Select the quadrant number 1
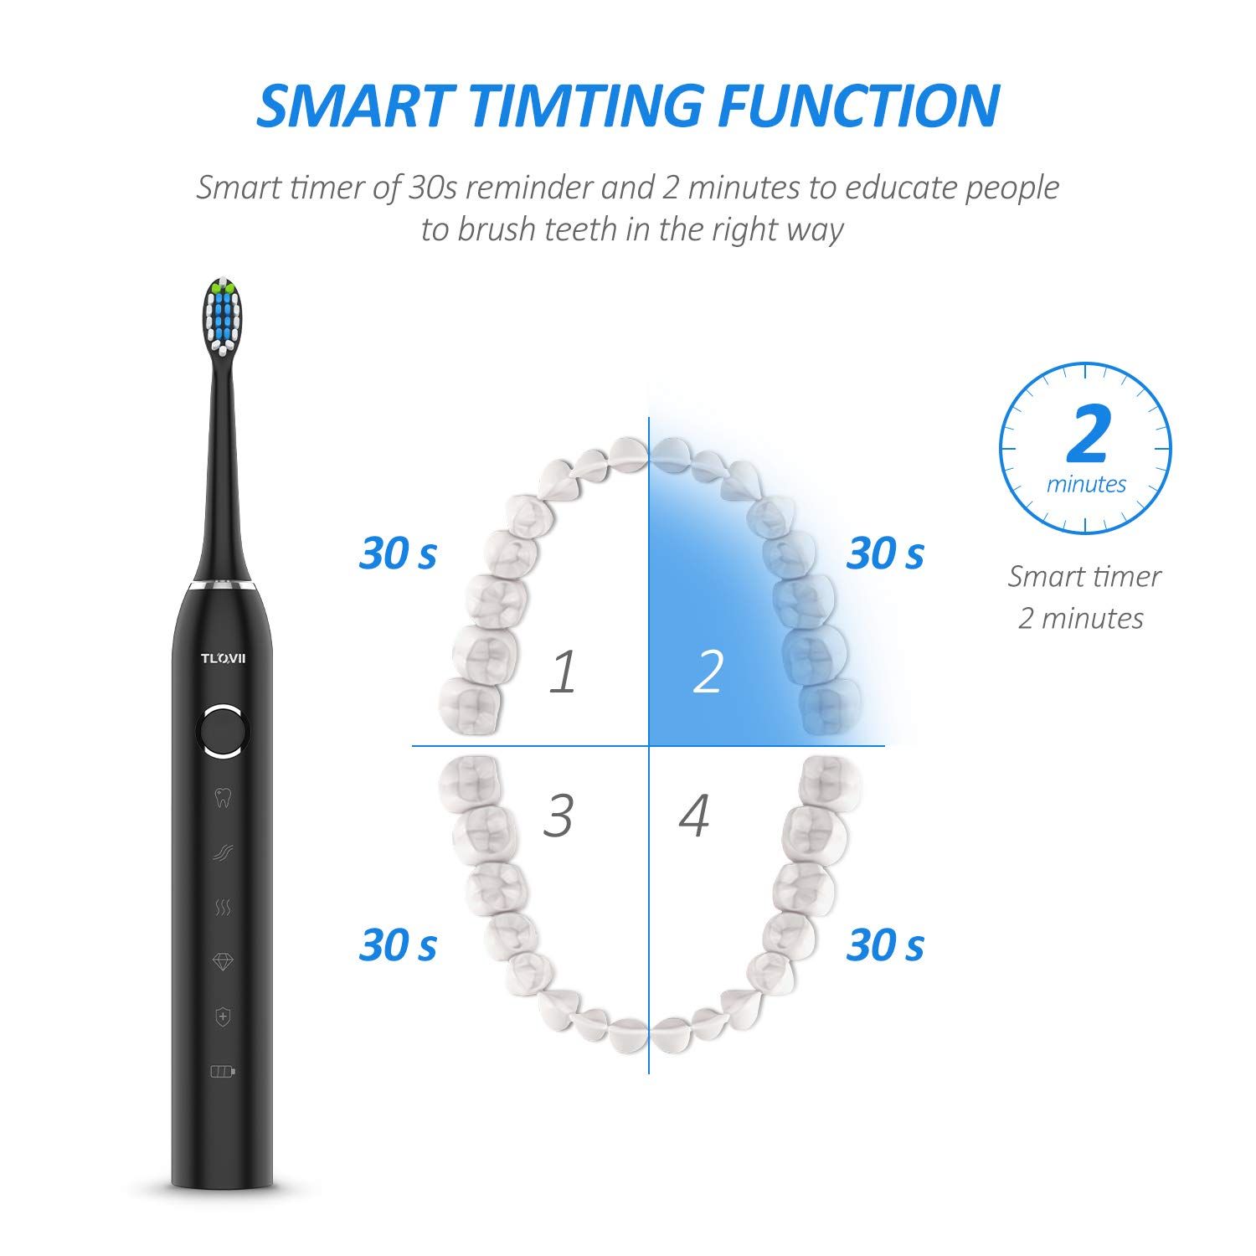coord(563,672)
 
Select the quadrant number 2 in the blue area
coord(708,672)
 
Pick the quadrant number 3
coord(559,814)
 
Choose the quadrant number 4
coord(694,814)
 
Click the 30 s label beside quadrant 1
coord(398,553)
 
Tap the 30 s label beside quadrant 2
coord(885,553)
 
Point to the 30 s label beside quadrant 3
coord(398,945)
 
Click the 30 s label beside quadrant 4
coord(885,945)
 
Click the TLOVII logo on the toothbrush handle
coord(223,657)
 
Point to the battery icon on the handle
coord(223,1070)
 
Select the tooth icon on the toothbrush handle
coord(223,798)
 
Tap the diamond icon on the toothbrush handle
coord(223,961)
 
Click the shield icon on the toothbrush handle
coord(223,1017)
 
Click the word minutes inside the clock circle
coord(1087,485)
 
